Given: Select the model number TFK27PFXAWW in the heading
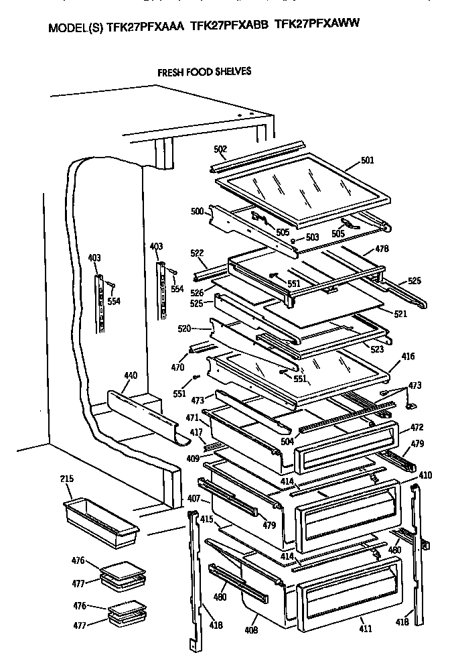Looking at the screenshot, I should click(x=317, y=24).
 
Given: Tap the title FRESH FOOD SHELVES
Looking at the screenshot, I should click(x=204, y=71).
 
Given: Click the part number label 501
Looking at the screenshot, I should click(x=367, y=160).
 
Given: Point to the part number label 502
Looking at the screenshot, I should click(x=220, y=149).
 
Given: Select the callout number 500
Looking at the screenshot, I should click(x=197, y=211).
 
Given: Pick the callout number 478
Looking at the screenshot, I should click(x=382, y=249).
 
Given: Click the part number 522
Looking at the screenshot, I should click(x=197, y=253).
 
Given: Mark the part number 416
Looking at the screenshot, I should click(x=408, y=357).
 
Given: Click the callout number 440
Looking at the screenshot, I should click(x=131, y=375).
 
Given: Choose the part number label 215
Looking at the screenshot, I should click(x=67, y=479).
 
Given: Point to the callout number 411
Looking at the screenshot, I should click(x=365, y=628).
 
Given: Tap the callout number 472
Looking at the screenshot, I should click(x=417, y=427).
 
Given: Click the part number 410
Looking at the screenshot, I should click(x=425, y=475).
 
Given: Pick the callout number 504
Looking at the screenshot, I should click(x=288, y=442).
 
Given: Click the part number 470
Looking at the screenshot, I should click(x=177, y=367).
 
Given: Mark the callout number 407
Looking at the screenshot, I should click(x=194, y=498).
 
